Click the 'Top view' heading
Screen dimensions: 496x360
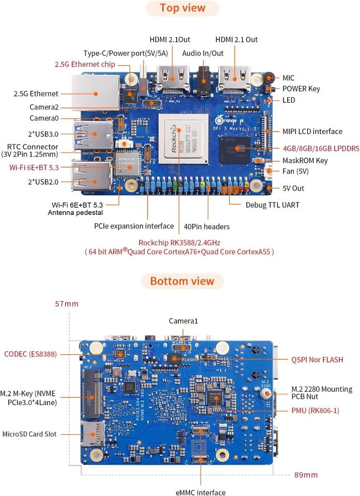(x=182, y=8)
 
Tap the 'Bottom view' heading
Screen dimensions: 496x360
(x=182, y=281)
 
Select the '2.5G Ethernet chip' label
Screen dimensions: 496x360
(x=85, y=65)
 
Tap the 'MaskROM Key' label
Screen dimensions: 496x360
(x=305, y=161)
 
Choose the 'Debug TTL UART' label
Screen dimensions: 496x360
(x=272, y=205)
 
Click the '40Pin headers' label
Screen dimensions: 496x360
(x=207, y=226)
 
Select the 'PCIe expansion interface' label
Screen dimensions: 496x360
(x=134, y=226)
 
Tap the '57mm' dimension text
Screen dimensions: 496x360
(x=67, y=304)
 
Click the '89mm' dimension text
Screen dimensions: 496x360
(x=306, y=474)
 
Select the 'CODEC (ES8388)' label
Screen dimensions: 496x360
(x=30, y=354)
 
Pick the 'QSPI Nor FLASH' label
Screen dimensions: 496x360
(x=317, y=359)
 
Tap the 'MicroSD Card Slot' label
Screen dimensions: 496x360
(x=29, y=434)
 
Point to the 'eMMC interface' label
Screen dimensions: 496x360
(x=200, y=492)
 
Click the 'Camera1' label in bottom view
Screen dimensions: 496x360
(x=183, y=321)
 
